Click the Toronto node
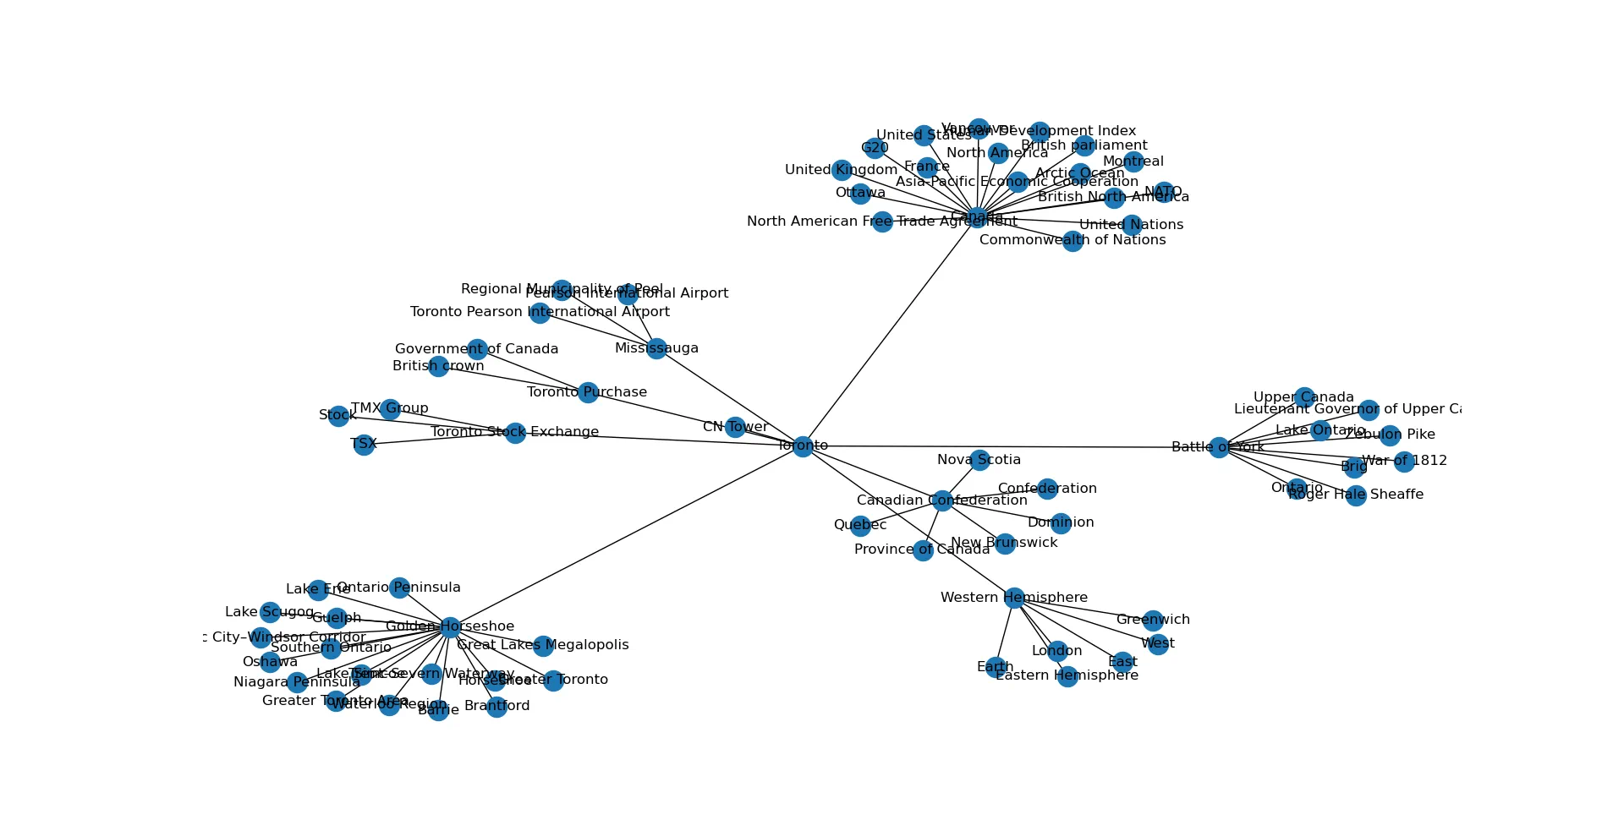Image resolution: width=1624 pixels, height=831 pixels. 803,446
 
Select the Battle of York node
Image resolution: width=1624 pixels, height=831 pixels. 1219,447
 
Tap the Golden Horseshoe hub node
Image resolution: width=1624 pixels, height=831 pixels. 450,626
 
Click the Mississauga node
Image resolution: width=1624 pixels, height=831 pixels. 656,348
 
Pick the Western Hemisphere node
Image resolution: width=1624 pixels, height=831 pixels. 1014,598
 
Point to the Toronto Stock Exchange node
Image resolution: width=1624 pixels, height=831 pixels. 515,433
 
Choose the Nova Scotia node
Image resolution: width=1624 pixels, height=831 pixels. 979,460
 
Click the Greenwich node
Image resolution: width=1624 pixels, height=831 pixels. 1153,621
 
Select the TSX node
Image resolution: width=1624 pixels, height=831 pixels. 364,445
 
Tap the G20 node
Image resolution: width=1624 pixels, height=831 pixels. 875,149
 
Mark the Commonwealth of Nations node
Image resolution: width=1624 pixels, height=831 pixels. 1073,241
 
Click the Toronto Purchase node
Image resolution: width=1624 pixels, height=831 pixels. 588,392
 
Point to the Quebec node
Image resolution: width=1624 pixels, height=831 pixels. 860,526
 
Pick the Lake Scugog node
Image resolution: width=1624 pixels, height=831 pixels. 270,612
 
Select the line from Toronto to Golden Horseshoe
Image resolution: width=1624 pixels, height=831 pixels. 626,536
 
